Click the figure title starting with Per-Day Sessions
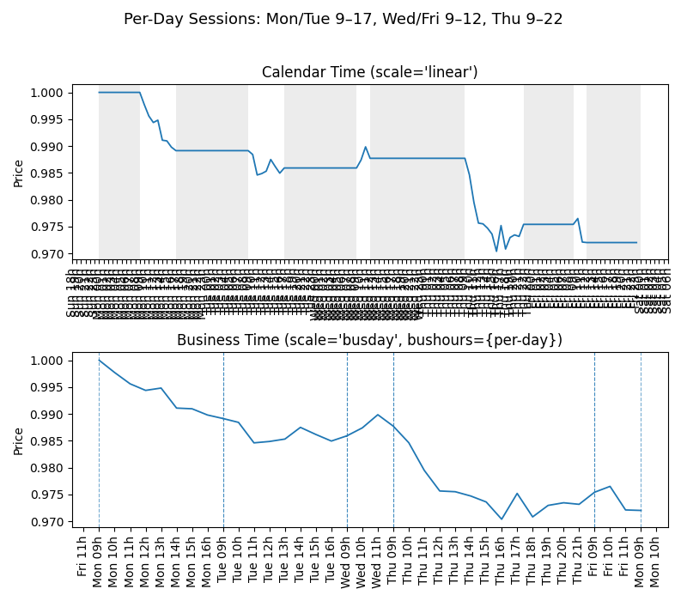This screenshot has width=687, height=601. (343, 19)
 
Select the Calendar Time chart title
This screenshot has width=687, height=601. (369, 72)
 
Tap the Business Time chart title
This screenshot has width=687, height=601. (369, 340)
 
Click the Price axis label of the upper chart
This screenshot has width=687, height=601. (19, 173)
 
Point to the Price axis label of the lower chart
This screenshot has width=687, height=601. (19, 440)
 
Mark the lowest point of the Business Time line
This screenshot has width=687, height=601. (502, 519)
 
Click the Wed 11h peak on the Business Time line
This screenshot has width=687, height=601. (378, 415)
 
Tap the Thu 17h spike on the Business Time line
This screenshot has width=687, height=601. (517, 494)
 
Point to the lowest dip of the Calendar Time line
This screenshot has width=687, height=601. (496, 251)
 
